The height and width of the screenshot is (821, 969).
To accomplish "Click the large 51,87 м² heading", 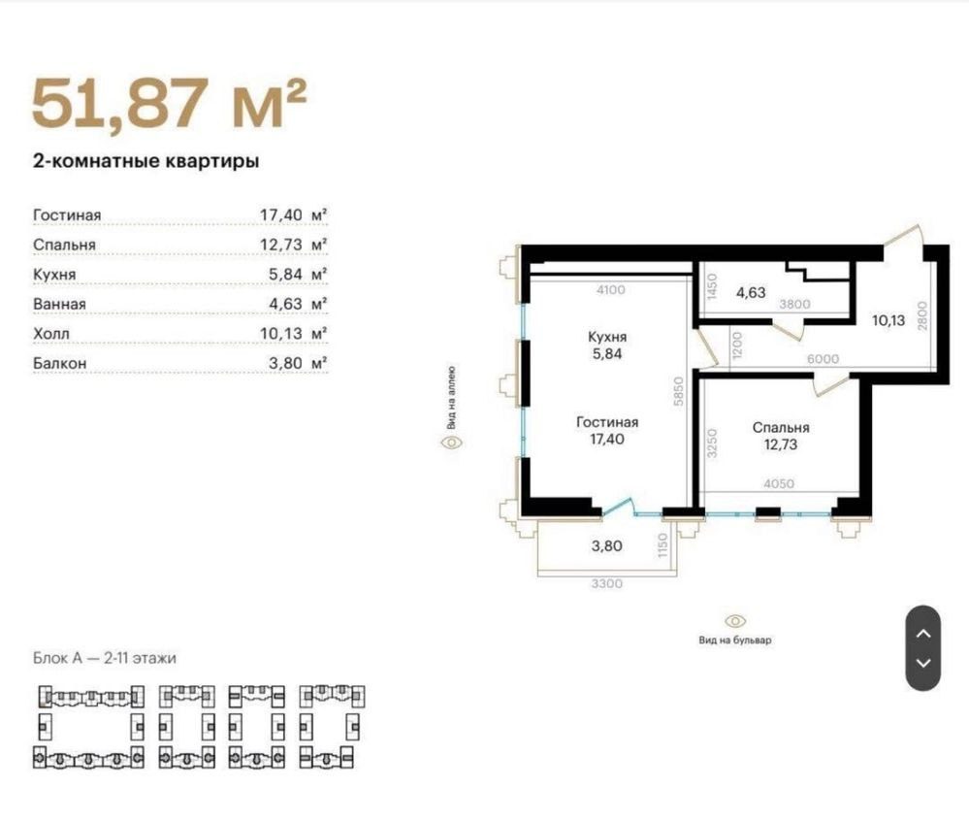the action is [169, 103].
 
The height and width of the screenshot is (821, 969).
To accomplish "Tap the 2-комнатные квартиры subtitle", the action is [145, 161].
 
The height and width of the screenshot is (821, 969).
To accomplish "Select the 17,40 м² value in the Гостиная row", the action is [293, 215].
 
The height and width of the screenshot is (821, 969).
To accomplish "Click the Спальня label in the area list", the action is [64, 245].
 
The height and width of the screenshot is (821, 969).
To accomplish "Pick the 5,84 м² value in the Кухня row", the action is [297, 274].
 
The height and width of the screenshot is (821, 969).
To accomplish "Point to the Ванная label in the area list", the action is [59, 304].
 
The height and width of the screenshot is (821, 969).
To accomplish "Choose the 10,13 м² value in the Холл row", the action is [293, 333].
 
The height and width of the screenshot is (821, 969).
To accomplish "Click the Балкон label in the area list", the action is [59, 363].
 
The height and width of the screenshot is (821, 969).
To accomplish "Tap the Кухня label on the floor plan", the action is [607, 337].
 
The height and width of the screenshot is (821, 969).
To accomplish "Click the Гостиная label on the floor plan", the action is [607, 422].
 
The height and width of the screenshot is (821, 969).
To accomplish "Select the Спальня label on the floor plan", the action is [781, 428].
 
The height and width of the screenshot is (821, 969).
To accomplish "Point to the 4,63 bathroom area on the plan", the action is [750, 292].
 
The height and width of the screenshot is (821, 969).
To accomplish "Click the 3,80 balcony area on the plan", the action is [606, 546].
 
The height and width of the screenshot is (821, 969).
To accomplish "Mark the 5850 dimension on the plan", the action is [679, 391].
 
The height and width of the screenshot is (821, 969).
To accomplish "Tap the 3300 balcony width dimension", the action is [606, 583].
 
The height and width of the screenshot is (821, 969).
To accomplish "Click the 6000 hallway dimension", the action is [824, 359].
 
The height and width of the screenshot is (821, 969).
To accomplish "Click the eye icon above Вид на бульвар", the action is [735, 621].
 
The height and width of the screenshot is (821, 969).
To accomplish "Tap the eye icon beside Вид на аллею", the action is [452, 443].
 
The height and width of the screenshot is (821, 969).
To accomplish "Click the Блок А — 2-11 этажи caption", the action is [105, 658].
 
